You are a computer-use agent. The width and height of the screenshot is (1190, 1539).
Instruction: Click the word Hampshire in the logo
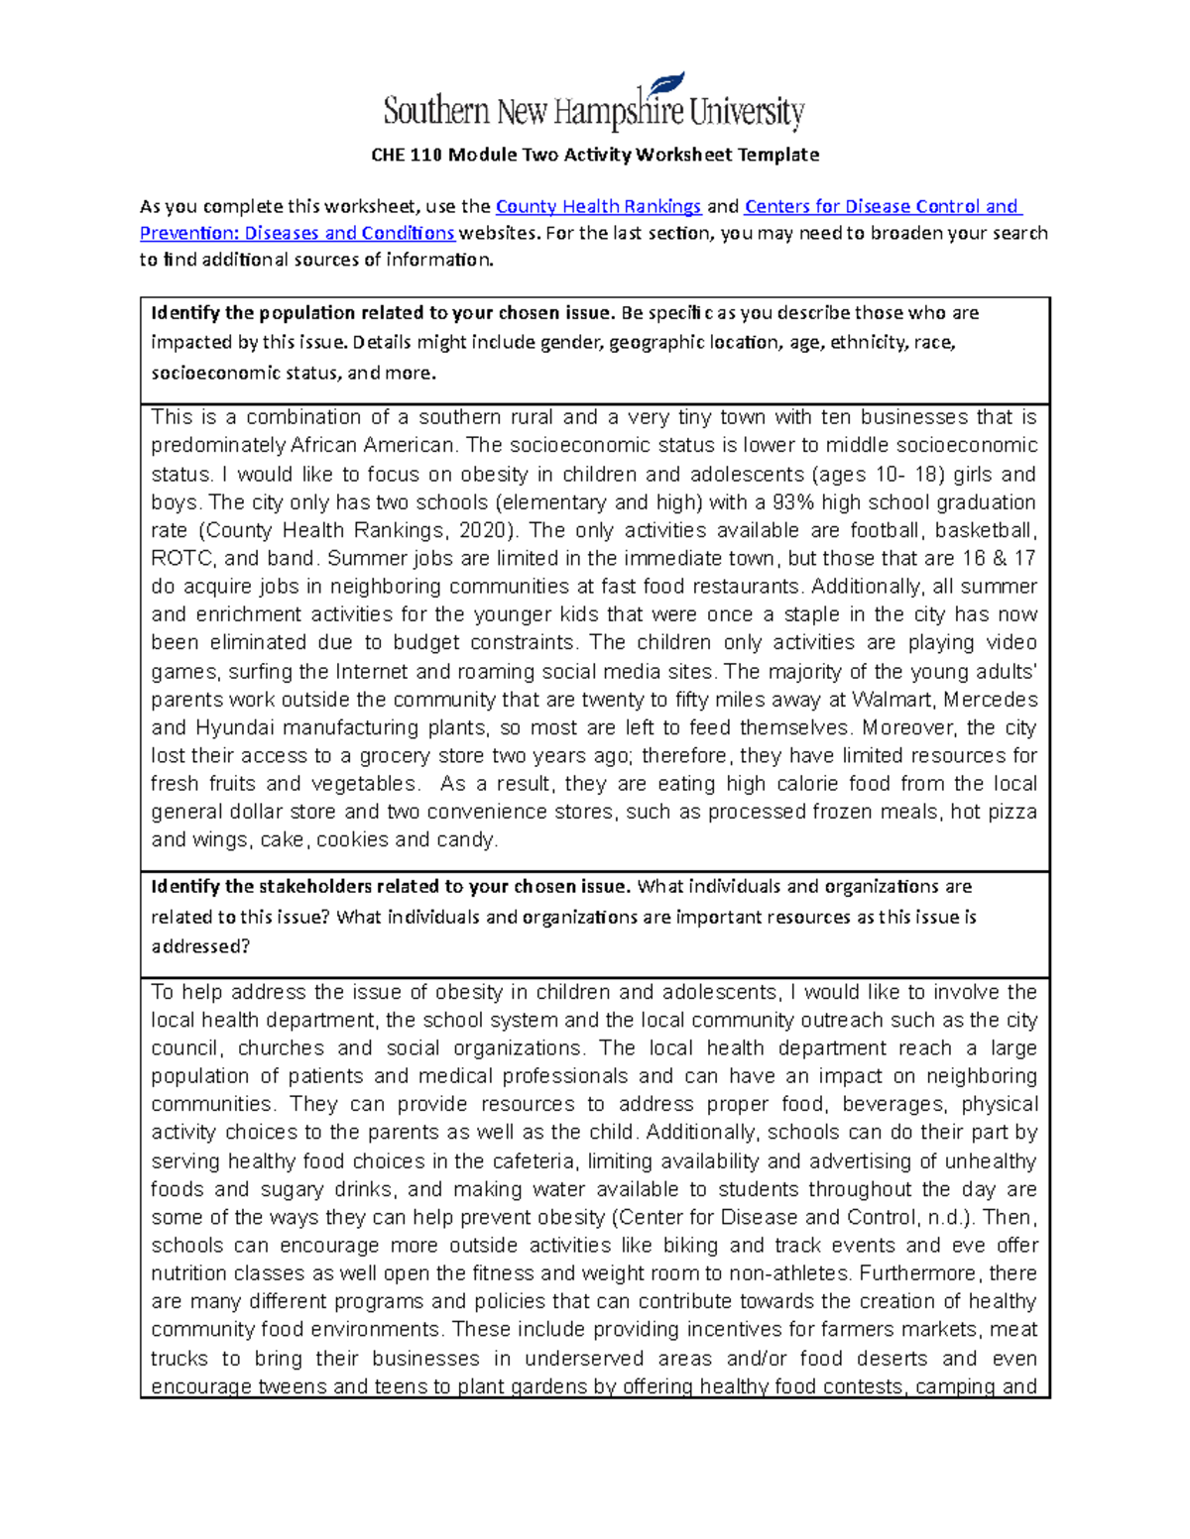[618, 112]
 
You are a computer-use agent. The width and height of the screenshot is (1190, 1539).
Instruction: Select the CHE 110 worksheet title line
[594, 155]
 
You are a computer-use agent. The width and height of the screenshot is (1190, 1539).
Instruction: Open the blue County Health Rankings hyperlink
[598, 207]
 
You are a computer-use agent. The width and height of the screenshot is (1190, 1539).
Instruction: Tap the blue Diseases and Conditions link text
[349, 234]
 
